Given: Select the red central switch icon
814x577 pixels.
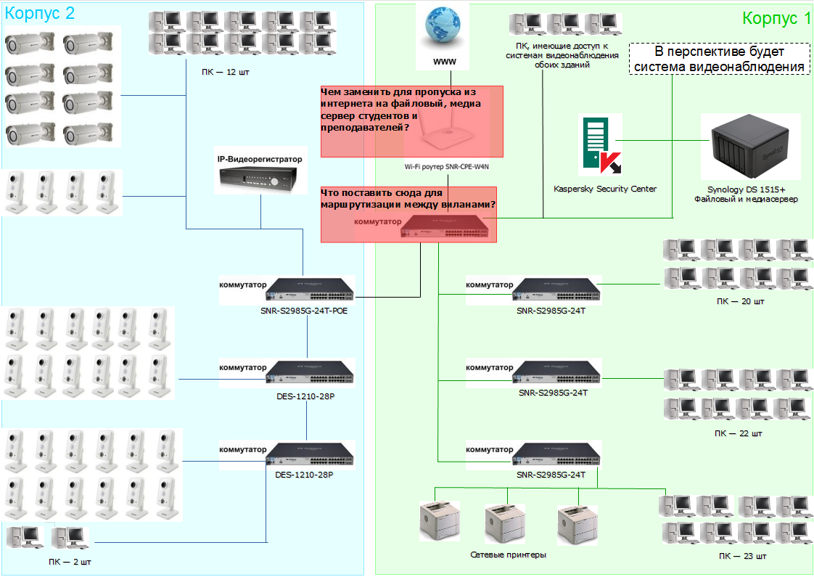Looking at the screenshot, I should (x=449, y=229).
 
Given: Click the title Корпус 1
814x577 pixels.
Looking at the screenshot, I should (x=776, y=19).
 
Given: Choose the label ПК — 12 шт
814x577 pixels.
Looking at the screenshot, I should (x=225, y=73).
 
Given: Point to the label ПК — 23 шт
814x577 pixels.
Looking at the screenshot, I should (x=742, y=556).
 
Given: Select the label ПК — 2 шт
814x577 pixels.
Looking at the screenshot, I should (x=70, y=562).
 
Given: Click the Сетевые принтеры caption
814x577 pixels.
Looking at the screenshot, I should (x=508, y=555).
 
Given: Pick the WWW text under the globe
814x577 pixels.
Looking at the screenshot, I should (x=444, y=62).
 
